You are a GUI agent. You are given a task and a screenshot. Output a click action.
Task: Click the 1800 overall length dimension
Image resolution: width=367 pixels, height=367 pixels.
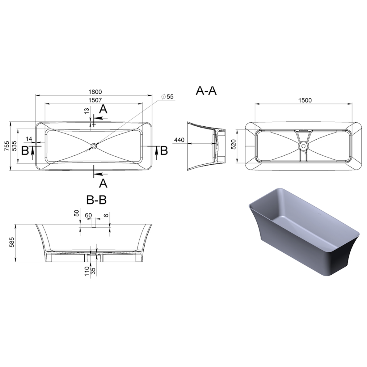click(95, 92)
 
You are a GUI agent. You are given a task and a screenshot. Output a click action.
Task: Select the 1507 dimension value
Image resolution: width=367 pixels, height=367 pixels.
click(95, 100)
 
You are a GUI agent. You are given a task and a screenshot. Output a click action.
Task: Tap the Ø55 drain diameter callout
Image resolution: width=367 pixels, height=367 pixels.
click(167, 96)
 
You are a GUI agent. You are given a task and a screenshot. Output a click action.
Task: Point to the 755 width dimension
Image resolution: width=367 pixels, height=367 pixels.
click(7, 146)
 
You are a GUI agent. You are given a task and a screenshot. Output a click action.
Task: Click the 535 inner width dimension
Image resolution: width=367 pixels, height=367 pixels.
click(15, 146)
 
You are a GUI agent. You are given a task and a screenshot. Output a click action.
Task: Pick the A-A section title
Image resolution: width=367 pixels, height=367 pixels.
click(206, 91)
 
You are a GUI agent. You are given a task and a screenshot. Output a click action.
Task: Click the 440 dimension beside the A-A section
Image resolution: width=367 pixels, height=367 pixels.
click(179, 140)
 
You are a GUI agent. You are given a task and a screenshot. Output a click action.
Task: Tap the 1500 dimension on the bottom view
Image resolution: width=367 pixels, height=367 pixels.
click(305, 100)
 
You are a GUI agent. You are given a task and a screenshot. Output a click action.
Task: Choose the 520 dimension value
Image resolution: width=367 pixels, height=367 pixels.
click(233, 146)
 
